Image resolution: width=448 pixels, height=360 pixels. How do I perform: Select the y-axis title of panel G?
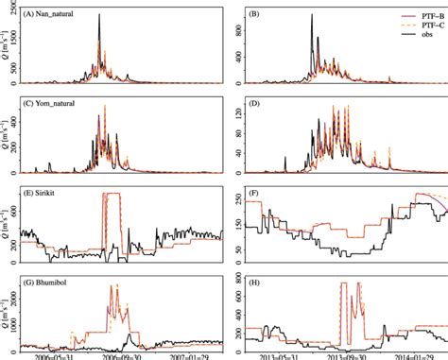click(7, 311)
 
